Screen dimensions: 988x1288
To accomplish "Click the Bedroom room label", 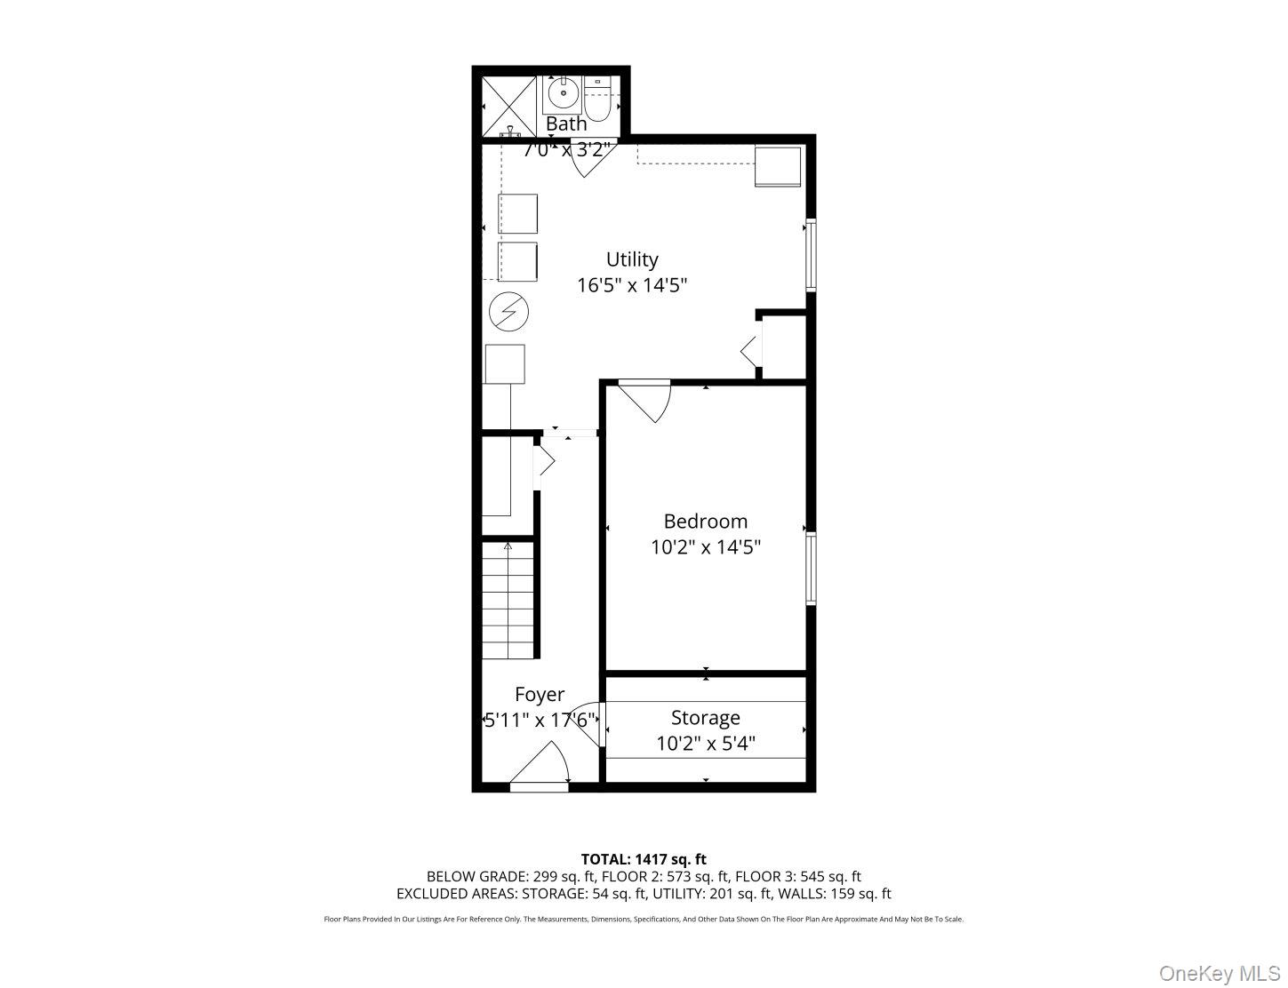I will point(705,522).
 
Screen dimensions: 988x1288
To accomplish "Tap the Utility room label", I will point(632,259).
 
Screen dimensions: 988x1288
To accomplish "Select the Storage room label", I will point(705,717).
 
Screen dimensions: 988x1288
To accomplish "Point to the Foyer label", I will point(539,695).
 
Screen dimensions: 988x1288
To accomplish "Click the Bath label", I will point(566,124).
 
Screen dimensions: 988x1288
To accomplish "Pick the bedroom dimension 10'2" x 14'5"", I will point(705,547).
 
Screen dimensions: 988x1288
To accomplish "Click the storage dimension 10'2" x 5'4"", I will point(705,743).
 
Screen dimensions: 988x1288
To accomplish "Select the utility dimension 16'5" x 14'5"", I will point(632,285).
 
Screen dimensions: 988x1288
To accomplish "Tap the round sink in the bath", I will point(563,92).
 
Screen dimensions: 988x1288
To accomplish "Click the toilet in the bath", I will point(597,100).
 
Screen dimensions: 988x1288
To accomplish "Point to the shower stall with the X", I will point(509,106).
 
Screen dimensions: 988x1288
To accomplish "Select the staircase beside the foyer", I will point(509,602).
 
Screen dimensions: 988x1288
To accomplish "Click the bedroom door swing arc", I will point(649,400).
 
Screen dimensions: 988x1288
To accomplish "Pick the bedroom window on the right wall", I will point(811,569).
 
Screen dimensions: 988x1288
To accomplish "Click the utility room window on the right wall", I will point(811,255).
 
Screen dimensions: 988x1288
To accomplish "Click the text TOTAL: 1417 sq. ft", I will point(644,859).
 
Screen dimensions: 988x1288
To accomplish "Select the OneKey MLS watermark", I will point(1219,974).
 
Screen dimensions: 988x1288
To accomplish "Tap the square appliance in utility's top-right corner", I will point(778,166).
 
